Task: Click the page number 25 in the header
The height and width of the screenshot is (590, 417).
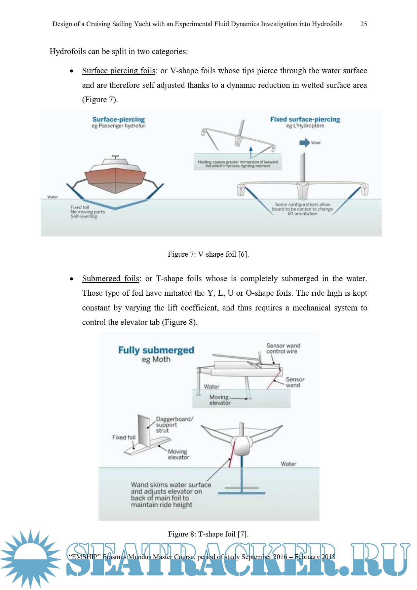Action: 364,24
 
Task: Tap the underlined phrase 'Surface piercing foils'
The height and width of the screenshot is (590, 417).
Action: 119,71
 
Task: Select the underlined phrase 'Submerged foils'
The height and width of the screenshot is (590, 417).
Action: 111,279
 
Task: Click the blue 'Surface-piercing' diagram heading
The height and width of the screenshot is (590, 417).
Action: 118,119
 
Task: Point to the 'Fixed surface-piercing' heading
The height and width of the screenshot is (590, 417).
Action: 305,119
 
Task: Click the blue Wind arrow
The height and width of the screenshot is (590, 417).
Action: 304,143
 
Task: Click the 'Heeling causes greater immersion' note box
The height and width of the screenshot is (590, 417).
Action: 238,164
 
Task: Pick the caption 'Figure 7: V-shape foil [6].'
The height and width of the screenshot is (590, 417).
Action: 208,254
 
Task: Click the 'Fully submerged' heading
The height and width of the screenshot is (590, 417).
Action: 156,350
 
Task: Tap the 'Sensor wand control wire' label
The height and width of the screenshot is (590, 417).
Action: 283,348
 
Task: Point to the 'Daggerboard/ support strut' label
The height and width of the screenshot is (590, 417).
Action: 174,425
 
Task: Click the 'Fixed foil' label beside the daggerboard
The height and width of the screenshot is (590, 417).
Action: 124,437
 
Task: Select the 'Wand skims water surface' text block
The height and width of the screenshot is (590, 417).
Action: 171,494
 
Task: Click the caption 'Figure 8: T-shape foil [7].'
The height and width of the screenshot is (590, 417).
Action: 208,534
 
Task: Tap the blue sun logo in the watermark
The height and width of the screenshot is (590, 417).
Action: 31,559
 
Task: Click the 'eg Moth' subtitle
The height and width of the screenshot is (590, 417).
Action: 156,360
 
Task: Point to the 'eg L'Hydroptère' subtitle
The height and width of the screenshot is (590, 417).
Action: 305,126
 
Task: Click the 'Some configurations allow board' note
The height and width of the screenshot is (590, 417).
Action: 302,209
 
